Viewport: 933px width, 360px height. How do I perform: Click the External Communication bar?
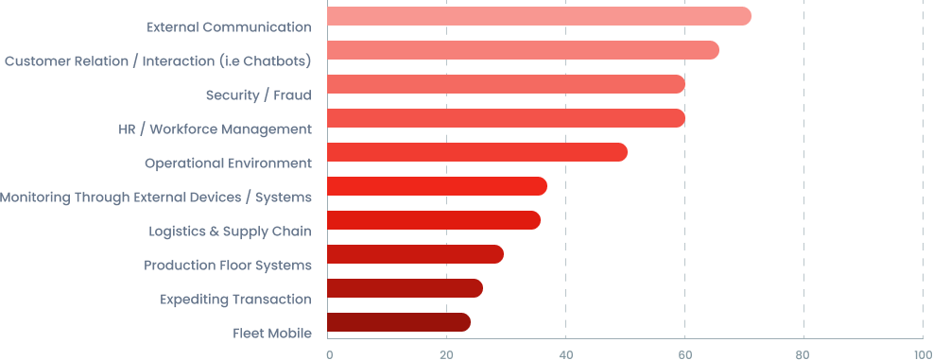pyautogui.click(x=538, y=16)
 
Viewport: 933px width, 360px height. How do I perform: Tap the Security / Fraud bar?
pyautogui.click(x=505, y=84)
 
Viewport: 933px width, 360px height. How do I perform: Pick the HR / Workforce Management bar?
pyautogui.click(x=505, y=118)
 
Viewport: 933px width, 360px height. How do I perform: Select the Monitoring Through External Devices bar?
pyautogui.click(x=436, y=186)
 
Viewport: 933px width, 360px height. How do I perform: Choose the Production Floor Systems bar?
pyautogui.click(x=414, y=254)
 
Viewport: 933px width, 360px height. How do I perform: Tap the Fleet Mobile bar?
pyautogui.click(x=398, y=322)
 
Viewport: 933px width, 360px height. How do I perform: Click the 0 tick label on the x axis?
pyautogui.click(x=329, y=354)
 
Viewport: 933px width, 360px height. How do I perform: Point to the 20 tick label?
pyautogui.click(x=446, y=354)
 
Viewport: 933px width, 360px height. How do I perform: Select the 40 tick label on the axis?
pyautogui.click(x=565, y=354)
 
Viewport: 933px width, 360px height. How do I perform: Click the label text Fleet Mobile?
pyautogui.click(x=272, y=333)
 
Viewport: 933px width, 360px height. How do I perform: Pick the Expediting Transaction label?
pyautogui.click(x=235, y=299)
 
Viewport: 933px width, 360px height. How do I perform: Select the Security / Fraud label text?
pyautogui.click(x=258, y=94)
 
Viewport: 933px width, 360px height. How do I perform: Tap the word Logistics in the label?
pyautogui.click(x=175, y=231)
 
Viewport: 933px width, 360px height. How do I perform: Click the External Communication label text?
pyautogui.click(x=229, y=26)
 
